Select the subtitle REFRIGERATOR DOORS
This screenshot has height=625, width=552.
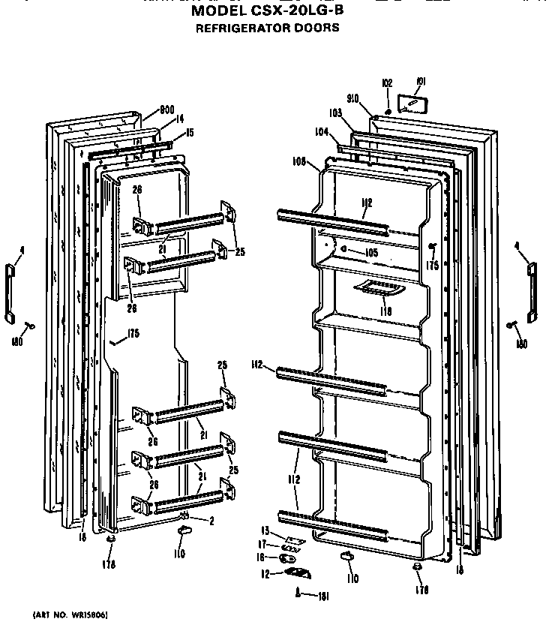(267, 29)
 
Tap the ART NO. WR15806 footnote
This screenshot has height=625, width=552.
(70, 614)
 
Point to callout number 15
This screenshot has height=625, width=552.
(189, 132)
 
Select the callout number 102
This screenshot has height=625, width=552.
(388, 83)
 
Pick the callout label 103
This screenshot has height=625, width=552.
(334, 113)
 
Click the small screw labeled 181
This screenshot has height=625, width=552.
(298, 594)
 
